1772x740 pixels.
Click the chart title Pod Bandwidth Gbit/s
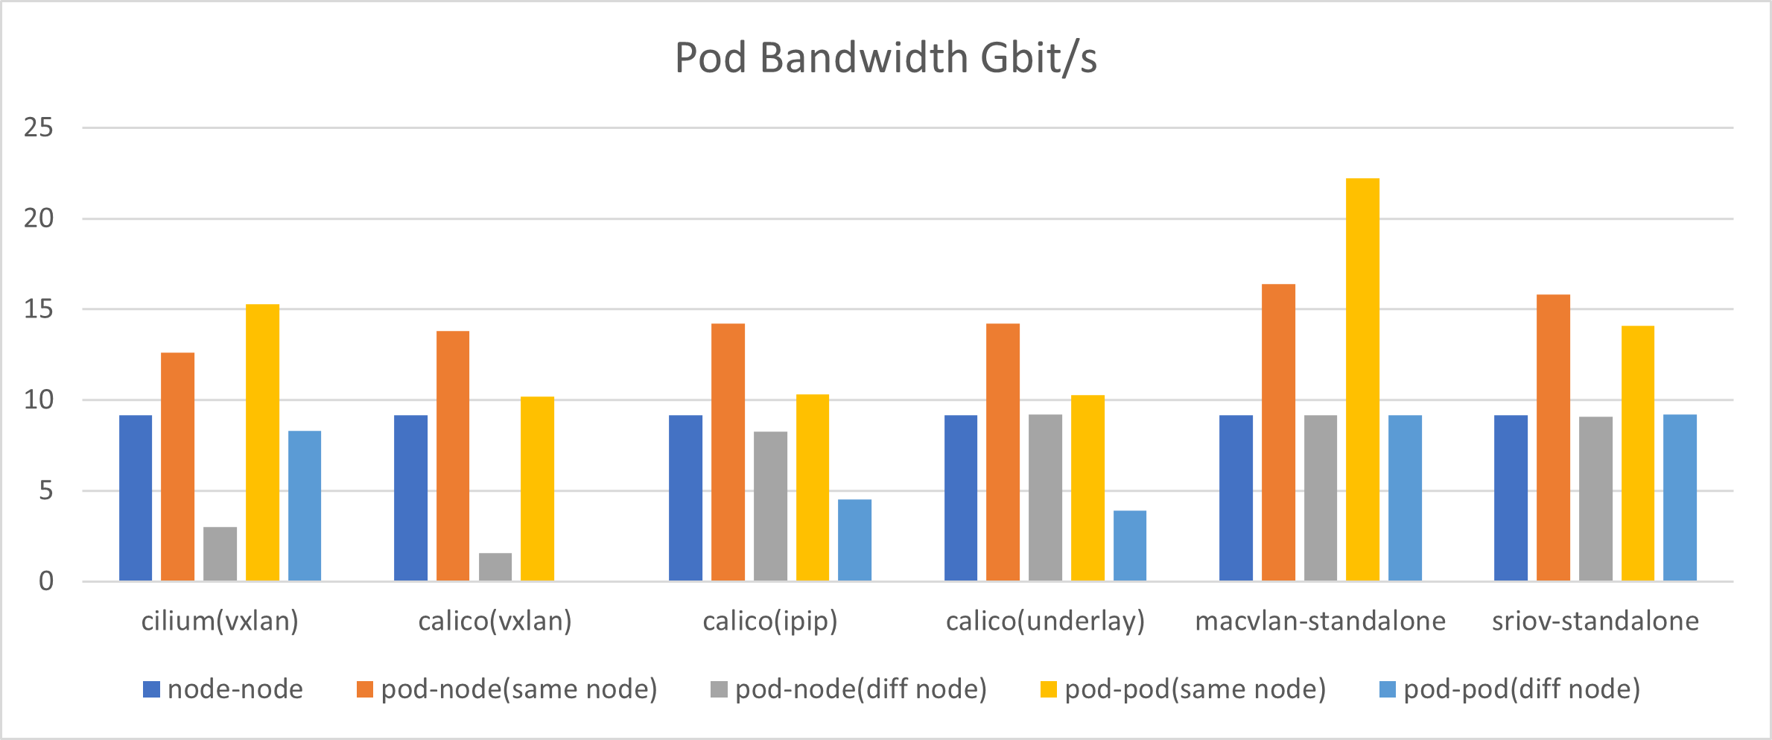point(886,58)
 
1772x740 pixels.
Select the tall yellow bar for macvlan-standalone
point(1362,380)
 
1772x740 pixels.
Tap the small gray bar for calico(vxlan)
point(495,567)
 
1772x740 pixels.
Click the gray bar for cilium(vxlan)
point(220,554)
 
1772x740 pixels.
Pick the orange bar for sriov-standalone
point(1553,437)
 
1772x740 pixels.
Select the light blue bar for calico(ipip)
point(854,540)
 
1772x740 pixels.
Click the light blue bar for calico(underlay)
point(1129,545)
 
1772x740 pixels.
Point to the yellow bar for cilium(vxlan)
point(262,443)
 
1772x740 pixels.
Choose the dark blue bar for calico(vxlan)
point(410,498)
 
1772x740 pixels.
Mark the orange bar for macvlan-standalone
point(1278,432)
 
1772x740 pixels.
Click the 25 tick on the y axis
point(39,128)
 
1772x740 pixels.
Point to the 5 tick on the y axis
point(46,491)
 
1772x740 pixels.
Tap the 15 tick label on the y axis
point(39,309)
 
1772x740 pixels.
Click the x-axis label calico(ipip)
point(770,621)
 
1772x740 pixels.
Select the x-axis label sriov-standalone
point(1595,621)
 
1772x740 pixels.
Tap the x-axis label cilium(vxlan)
point(220,621)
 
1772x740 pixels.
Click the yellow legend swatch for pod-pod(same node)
point(1048,689)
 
